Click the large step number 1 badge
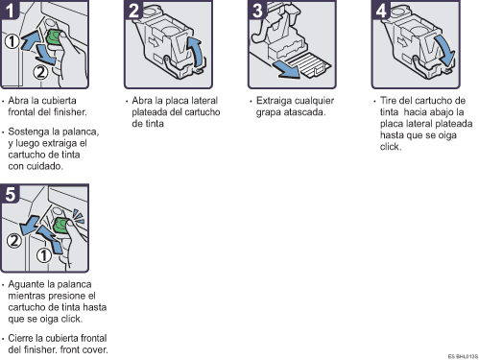pyautogui.click(x=9, y=10)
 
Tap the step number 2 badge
pyautogui.click(x=133, y=10)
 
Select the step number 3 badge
pyautogui.click(x=257, y=10)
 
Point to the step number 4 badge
pyautogui.click(x=381, y=10)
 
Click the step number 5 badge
pyautogui.click(x=10, y=194)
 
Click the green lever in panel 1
pyautogui.click(x=54, y=37)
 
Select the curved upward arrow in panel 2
pyautogui.click(x=197, y=50)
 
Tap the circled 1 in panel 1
pyautogui.click(x=12, y=41)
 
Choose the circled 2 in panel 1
pyautogui.click(x=40, y=72)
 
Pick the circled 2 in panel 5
pyautogui.click(x=14, y=241)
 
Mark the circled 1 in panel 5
pyautogui.click(x=44, y=255)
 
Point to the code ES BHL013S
pyautogui.click(x=463, y=356)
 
